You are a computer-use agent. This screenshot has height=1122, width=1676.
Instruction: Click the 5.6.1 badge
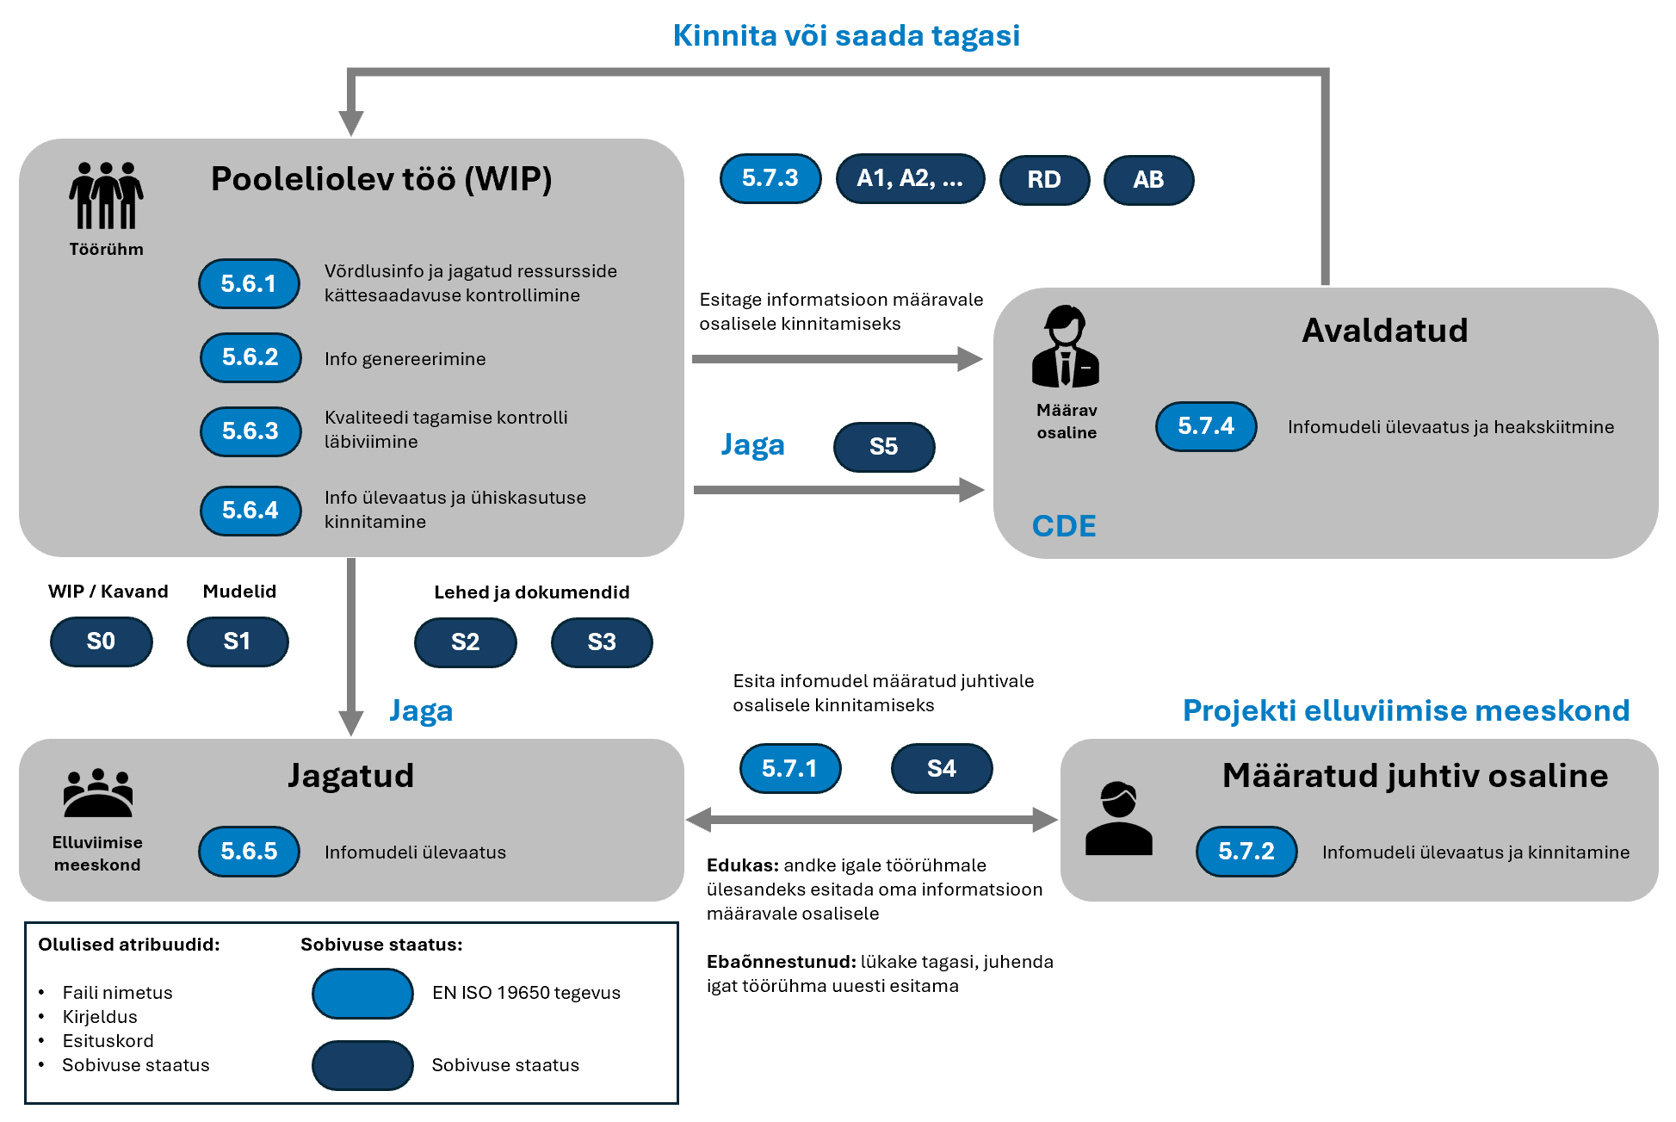point(249,283)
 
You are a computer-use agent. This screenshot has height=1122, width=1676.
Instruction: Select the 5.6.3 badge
point(250,431)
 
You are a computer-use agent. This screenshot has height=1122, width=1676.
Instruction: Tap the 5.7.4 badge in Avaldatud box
point(1205,426)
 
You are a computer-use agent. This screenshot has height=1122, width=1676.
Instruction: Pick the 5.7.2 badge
point(1246,852)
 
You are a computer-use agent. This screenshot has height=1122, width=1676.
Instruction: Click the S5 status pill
point(883,447)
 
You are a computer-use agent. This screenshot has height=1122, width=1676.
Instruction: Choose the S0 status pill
point(101,642)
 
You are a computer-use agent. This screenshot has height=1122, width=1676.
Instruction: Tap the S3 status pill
point(601,642)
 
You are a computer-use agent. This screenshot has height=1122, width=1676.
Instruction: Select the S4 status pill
point(941,768)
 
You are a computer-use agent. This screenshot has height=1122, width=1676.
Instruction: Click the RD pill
point(1044,180)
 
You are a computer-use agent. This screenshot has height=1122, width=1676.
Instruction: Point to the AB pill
point(1148,180)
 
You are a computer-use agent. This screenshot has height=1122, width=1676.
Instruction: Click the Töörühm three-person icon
point(106,195)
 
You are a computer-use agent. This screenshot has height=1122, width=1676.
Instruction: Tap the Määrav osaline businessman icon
point(1066,346)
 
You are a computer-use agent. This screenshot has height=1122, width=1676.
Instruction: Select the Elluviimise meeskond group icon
point(97,792)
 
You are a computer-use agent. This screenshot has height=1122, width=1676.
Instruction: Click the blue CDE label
point(1064,526)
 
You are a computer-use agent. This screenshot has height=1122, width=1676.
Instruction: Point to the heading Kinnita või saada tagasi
point(846,35)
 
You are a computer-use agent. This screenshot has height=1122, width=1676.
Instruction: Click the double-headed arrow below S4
point(871,820)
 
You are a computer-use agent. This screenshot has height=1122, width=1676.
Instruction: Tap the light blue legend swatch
point(362,993)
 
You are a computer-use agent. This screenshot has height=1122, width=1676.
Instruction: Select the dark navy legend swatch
point(362,1065)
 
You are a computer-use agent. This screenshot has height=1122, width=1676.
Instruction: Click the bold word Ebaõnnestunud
point(781,962)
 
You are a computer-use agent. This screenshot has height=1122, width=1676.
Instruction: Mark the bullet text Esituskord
point(108,1041)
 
